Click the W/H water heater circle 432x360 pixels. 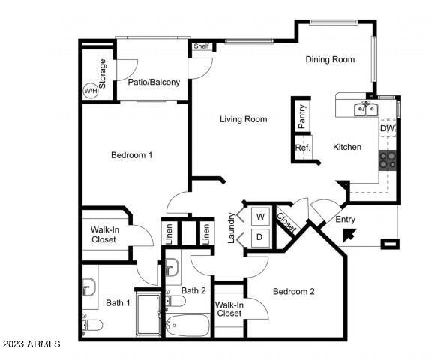click(x=90, y=91)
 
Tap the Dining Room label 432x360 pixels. click(x=330, y=59)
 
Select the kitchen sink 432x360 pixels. click(x=365, y=109)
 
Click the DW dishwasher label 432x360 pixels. click(x=387, y=128)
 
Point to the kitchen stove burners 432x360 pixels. click(x=387, y=160)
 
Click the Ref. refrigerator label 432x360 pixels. click(x=303, y=148)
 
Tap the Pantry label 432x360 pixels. click(x=302, y=116)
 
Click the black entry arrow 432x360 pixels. click(x=349, y=235)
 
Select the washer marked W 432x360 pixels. click(x=260, y=217)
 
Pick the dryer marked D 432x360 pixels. click(x=260, y=238)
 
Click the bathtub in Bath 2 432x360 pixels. click(x=188, y=325)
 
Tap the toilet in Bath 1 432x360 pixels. click(x=92, y=325)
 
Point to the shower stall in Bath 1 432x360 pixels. click(x=148, y=314)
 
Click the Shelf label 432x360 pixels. click(x=202, y=46)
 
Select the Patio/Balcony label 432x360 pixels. click(x=154, y=82)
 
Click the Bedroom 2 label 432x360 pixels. click(x=294, y=292)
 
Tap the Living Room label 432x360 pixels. click(x=244, y=119)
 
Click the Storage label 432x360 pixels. click(x=102, y=73)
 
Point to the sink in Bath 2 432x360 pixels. click(x=172, y=267)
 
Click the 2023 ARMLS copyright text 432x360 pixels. click(x=31, y=343)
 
